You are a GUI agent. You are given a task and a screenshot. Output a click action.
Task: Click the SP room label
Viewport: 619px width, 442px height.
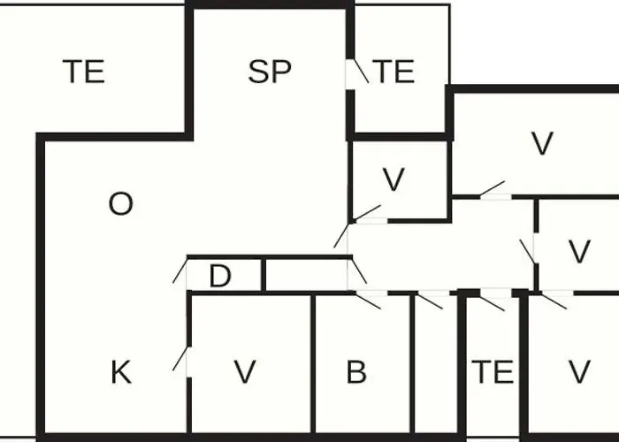(270, 72)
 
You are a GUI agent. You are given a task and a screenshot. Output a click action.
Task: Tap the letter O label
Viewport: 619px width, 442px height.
(121, 204)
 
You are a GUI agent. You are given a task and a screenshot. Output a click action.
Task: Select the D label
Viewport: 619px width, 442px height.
(220, 276)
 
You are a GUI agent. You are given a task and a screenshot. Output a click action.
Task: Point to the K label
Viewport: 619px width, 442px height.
(121, 372)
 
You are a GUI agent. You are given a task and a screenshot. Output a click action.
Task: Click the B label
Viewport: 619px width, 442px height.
(356, 372)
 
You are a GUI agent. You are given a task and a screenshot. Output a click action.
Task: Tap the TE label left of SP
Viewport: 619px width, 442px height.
(84, 72)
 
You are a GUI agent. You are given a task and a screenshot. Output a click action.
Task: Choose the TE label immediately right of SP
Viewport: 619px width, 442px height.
(394, 72)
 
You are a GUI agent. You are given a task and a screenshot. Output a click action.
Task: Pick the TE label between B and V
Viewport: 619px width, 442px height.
(493, 372)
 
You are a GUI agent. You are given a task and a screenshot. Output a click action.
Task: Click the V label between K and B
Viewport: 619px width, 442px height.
(245, 372)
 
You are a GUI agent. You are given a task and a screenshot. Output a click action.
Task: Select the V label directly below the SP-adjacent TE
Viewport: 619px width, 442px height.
(394, 179)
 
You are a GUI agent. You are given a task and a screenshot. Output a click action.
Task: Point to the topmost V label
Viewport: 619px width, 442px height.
(542, 143)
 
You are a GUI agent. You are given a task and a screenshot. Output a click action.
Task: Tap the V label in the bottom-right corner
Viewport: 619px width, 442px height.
(579, 372)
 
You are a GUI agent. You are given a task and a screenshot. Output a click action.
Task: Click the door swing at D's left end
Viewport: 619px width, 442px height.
(180, 270)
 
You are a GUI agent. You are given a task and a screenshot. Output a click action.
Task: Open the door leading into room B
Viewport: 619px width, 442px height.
(369, 300)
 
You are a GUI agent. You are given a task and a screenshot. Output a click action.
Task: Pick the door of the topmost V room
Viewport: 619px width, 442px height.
(493, 188)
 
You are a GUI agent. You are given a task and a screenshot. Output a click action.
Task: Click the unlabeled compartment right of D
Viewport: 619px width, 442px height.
(306, 276)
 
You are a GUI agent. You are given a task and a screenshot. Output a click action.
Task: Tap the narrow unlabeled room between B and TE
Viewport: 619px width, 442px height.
(436, 363)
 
